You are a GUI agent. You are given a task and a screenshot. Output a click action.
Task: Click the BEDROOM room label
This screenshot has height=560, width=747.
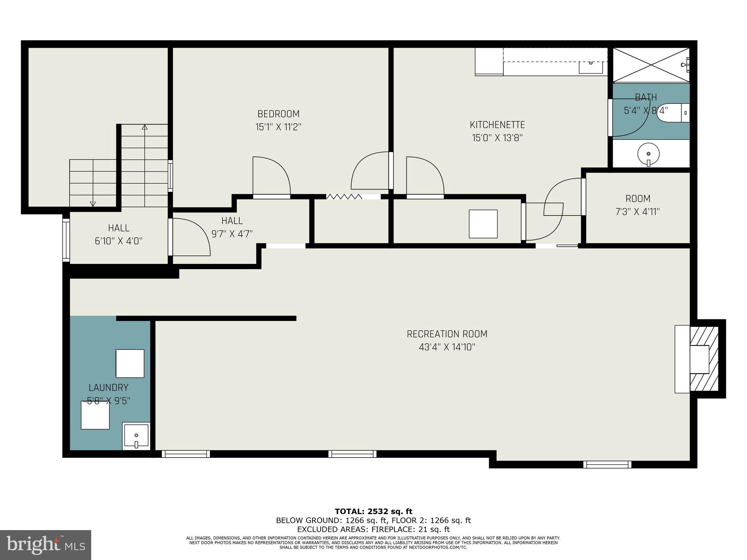(x=278, y=114)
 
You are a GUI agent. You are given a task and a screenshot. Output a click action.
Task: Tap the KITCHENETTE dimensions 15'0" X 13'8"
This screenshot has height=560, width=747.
(x=497, y=138)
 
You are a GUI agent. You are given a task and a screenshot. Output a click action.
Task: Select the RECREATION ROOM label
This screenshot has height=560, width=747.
(x=447, y=334)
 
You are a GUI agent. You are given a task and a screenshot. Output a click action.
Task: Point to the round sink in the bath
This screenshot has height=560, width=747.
(x=648, y=153)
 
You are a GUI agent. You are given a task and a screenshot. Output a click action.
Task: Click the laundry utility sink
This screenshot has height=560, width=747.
(x=136, y=435)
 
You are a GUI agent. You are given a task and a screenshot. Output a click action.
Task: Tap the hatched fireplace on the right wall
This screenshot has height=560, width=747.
(x=704, y=359)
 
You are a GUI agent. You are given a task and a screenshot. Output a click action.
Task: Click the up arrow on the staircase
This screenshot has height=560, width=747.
(x=144, y=128)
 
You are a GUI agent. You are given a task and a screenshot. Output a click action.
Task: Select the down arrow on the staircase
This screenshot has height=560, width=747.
(x=93, y=204)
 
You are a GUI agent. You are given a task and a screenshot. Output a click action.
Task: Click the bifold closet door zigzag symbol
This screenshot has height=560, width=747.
(x=344, y=197)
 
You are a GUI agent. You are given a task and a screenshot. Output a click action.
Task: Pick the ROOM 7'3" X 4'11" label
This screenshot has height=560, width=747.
(x=638, y=205)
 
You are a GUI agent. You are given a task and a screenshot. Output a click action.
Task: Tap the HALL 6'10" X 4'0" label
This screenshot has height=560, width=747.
(x=119, y=234)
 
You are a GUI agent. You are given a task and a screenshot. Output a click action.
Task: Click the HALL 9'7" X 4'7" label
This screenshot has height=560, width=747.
(x=232, y=227)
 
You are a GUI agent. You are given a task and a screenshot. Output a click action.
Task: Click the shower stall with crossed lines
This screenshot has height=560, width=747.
(x=651, y=65)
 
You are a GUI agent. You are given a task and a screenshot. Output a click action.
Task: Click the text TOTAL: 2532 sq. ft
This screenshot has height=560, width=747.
(x=373, y=512)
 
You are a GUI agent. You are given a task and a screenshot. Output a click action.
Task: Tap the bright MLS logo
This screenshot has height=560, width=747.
(x=45, y=545)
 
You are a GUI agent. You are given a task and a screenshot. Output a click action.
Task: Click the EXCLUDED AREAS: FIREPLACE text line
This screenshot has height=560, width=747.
(x=373, y=529)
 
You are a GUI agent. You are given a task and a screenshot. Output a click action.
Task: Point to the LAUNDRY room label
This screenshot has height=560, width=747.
(x=108, y=388)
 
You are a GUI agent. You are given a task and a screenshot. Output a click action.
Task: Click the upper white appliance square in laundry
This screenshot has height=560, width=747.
(x=130, y=363)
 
